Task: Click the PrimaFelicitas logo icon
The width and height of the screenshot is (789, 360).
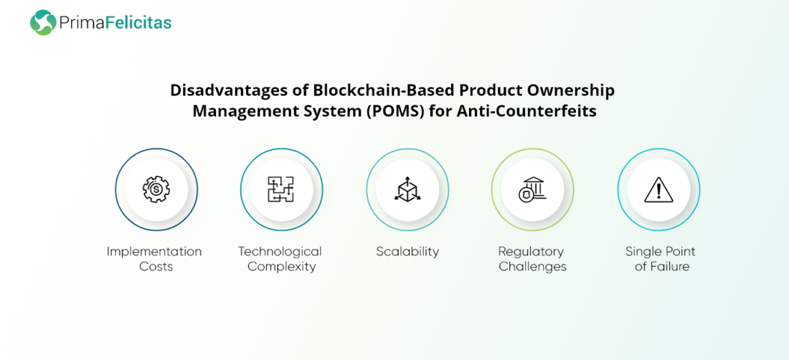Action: point(43,23)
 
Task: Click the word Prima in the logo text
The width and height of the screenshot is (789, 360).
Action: point(82,23)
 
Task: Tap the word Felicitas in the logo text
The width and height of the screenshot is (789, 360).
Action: point(138,23)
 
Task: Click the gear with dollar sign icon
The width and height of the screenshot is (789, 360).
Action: point(156,189)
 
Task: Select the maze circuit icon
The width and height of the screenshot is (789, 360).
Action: point(281,189)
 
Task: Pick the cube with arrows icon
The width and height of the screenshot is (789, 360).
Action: point(407,189)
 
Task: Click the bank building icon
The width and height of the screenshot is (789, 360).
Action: point(532,189)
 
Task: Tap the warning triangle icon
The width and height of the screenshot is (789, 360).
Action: point(658,190)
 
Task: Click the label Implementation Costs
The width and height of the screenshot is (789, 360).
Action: point(154,259)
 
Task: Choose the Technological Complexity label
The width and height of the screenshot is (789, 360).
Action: point(280,259)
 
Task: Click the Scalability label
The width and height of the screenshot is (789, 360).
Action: point(407,252)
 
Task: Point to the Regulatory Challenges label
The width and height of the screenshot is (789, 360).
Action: point(532,259)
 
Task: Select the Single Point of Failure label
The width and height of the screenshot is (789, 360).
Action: point(660,259)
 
